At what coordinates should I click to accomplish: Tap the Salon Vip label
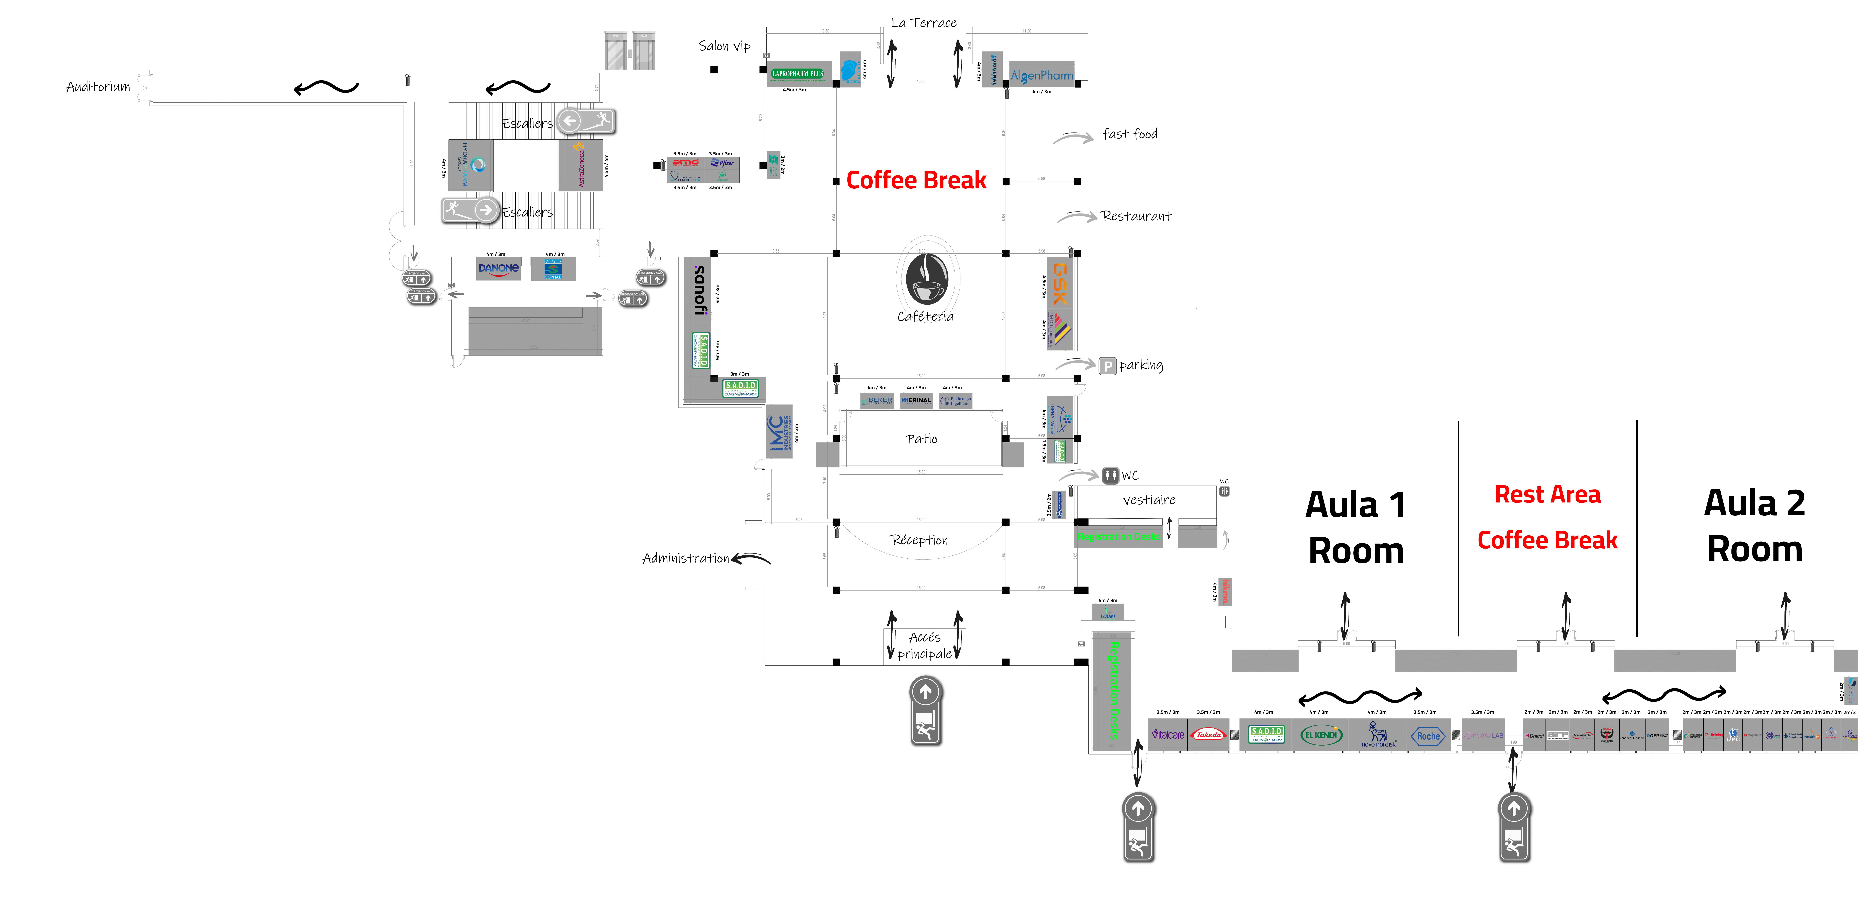[724, 46]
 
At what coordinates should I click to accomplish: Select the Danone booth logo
[498, 269]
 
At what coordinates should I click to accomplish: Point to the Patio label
[922, 439]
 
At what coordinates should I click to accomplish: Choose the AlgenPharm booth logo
[1042, 75]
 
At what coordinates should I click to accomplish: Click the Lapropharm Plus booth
[798, 74]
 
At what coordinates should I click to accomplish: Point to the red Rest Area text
[1547, 495]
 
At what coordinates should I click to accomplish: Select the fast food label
[1129, 134]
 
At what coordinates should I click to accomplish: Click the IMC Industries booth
[779, 431]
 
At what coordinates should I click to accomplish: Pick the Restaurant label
[1136, 216]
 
